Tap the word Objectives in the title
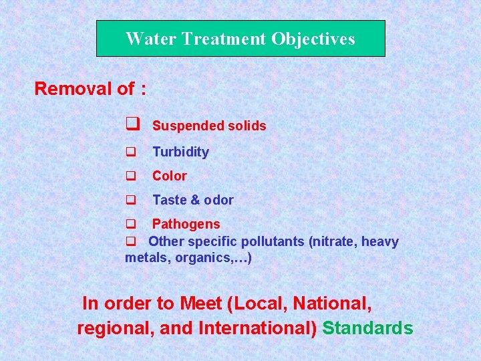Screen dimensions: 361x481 point(313,39)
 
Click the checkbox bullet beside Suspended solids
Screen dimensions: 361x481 point(132,124)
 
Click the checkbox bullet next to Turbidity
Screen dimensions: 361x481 point(131,152)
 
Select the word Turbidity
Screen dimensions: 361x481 point(180,152)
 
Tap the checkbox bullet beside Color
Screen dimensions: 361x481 point(131,176)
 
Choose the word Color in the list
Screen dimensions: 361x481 point(170,176)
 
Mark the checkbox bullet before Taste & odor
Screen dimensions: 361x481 point(131,200)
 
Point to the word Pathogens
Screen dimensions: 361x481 point(186,224)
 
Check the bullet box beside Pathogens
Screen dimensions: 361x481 point(131,224)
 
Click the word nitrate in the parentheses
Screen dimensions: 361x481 point(335,241)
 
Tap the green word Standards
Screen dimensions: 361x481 point(367,328)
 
